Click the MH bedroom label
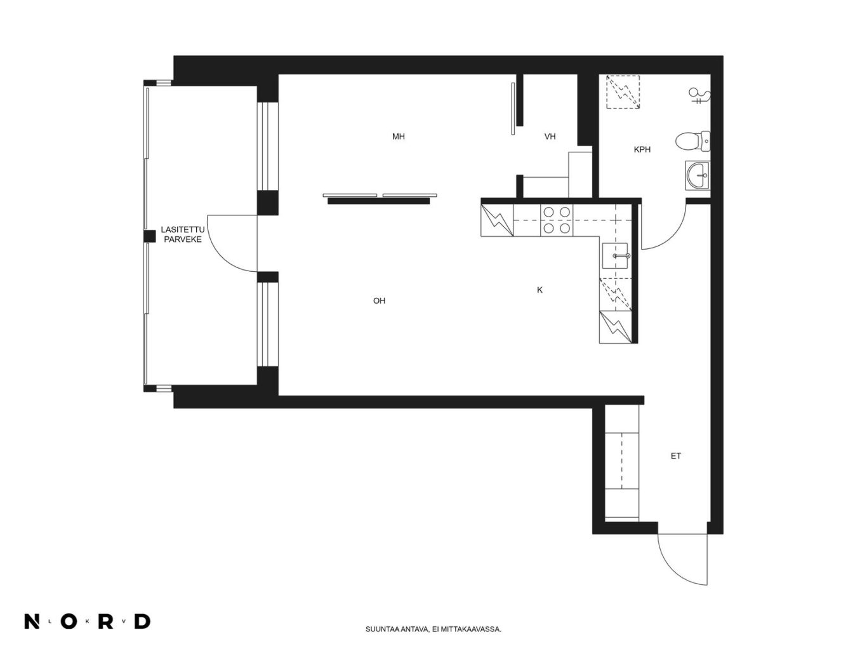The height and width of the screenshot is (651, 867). [398, 137]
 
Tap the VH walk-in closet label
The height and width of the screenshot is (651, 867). [550, 137]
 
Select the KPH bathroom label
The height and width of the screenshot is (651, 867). [642, 150]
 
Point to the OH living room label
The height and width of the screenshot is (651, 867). [379, 301]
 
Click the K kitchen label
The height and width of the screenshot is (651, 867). [539, 290]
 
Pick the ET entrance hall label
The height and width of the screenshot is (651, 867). [676, 456]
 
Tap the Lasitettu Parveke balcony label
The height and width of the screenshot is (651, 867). [183, 234]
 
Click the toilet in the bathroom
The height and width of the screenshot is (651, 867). [692, 142]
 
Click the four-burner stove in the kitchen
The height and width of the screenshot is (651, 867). [557, 220]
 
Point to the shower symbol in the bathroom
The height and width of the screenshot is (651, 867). [699, 96]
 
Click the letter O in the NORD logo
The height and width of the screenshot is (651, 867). [69, 621]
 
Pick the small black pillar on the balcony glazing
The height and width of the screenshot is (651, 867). [149, 236]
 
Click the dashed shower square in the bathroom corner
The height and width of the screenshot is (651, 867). [623, 91]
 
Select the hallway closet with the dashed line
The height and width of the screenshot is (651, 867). [622, 461]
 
